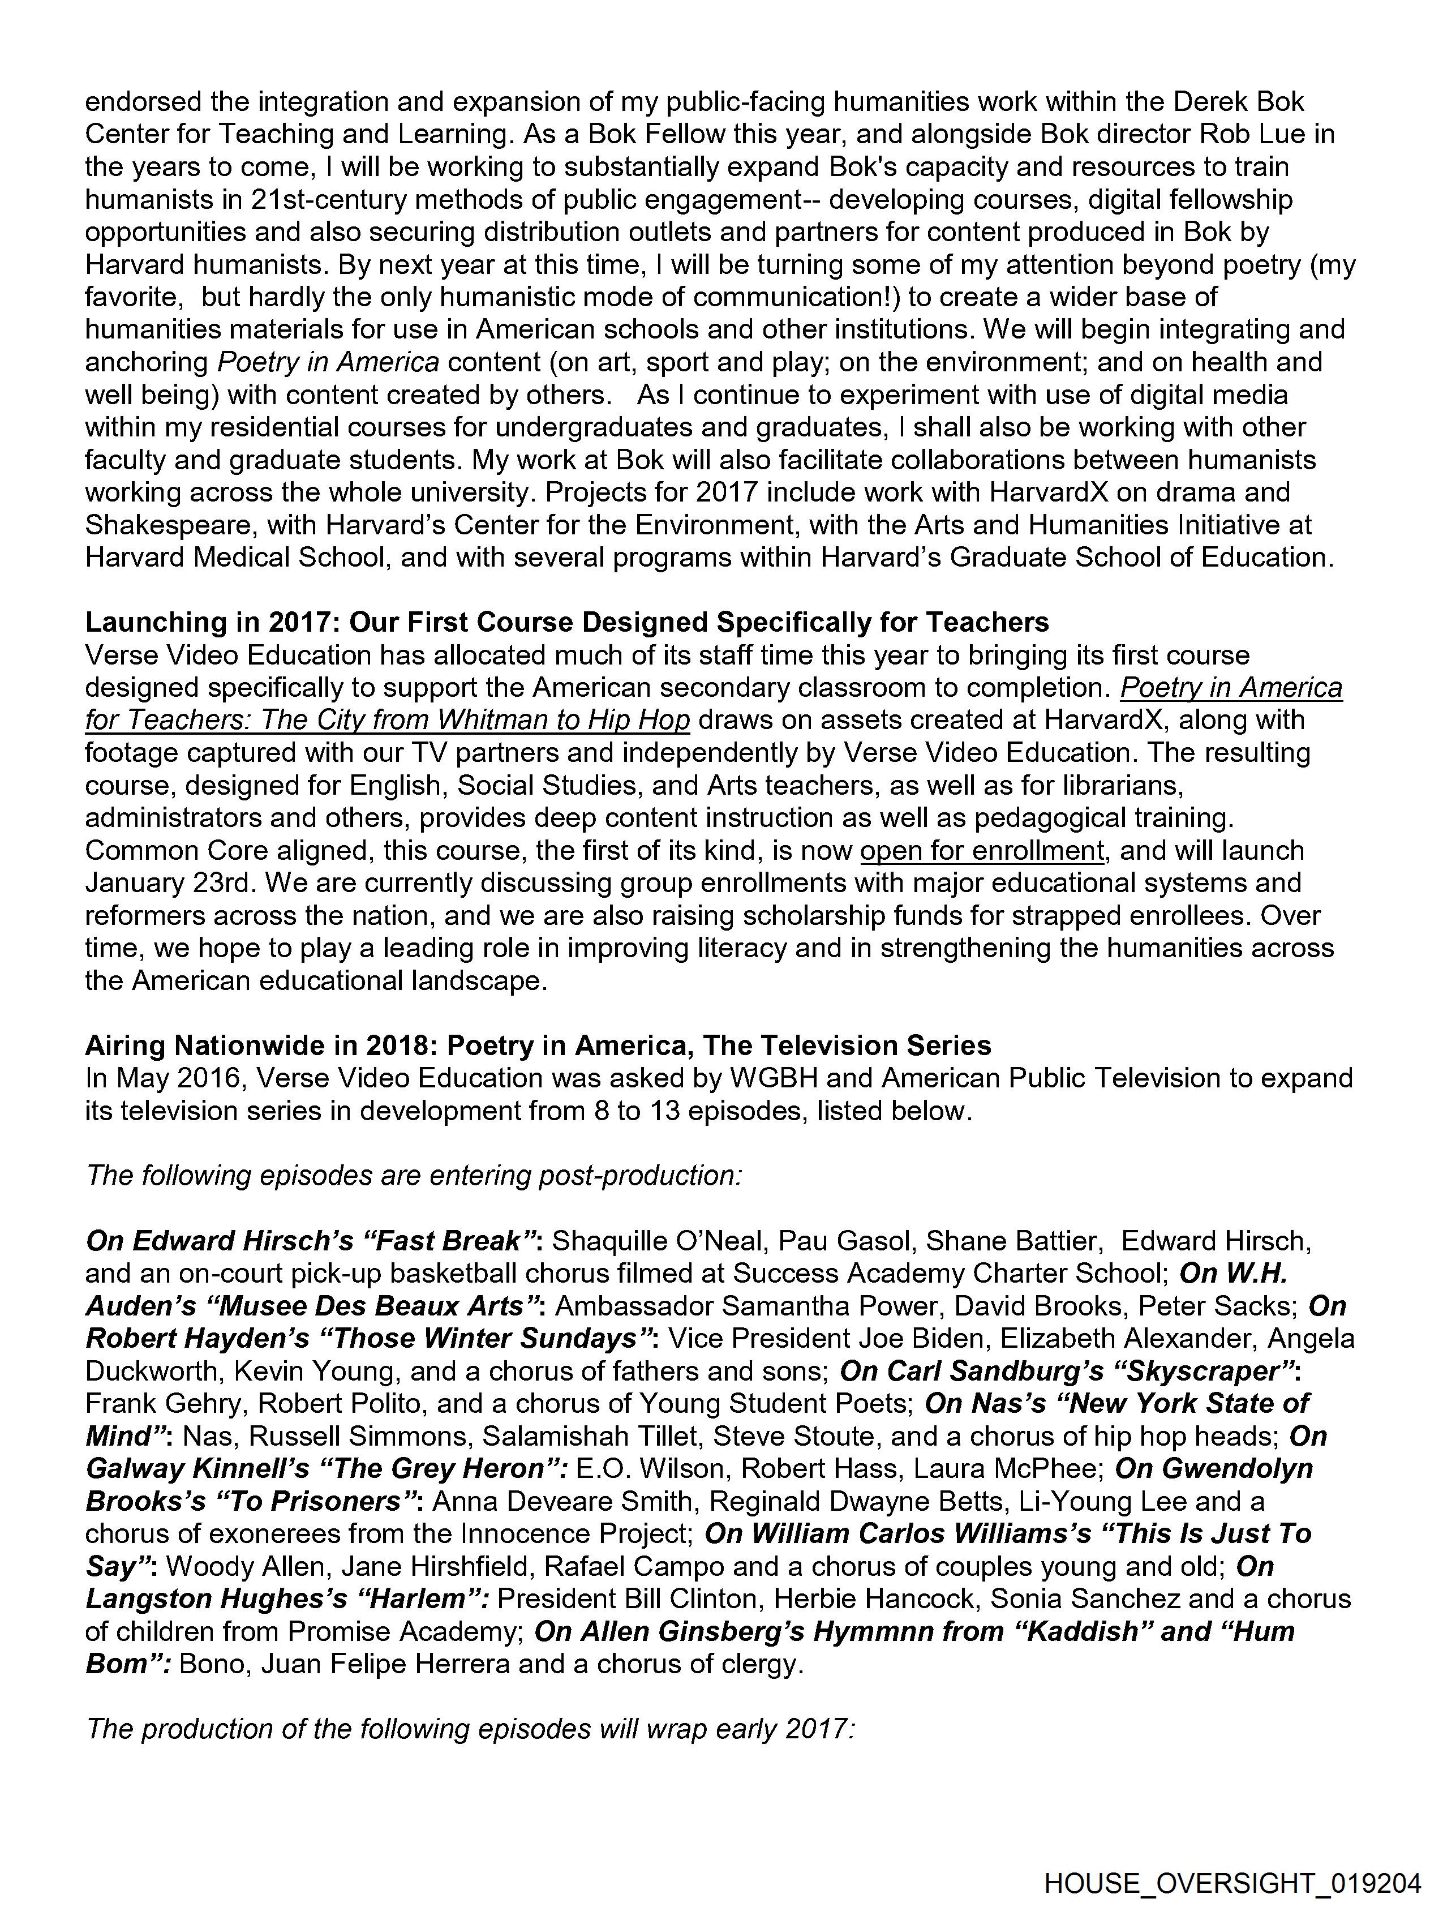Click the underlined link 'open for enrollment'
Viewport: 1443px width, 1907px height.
tap(982, 851)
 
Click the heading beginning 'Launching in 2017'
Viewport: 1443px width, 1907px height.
tap(566, 623)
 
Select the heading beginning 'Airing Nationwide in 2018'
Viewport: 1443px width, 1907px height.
tap(538, 1045)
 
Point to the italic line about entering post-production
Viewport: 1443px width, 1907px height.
tap(413, 1176)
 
